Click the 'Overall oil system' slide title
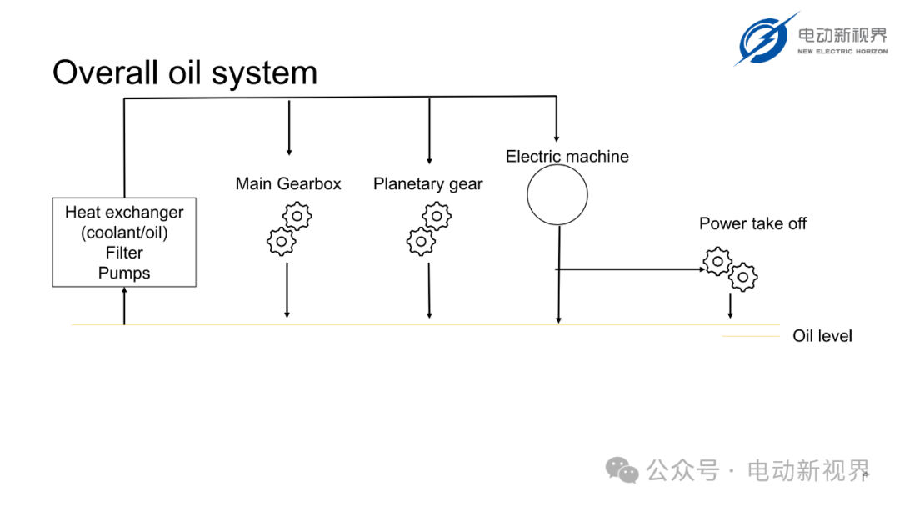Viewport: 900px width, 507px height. tap(185, 73)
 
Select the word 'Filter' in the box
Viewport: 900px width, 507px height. tap(124, 253)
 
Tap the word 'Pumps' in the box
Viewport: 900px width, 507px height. tap(124, 273)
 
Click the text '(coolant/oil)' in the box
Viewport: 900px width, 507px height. tap(124, 233)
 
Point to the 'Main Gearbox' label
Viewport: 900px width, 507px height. tap(288, 183)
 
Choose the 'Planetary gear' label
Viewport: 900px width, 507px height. tap(427, 184)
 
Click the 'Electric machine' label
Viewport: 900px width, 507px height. tap(567, 156)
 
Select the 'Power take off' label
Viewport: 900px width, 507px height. tap(752, 223)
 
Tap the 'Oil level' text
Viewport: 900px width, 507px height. tap(822, 336)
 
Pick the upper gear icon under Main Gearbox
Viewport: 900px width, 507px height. tap(297, 217)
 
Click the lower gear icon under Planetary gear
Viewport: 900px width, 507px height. tap(422, 242)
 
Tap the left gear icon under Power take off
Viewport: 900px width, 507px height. tap(717, 262)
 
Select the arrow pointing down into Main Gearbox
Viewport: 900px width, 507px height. tap(289, 128)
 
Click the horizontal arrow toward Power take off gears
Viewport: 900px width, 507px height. tap(630, 269)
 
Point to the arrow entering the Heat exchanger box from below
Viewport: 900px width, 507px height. tap(124, 306)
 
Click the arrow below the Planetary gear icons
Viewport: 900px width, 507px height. tap(429, 290)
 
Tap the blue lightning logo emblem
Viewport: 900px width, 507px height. tap(765, 39)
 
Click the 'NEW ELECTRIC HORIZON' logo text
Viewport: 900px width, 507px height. tap(842, 52)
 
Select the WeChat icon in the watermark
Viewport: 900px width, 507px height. tap(622, 470)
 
